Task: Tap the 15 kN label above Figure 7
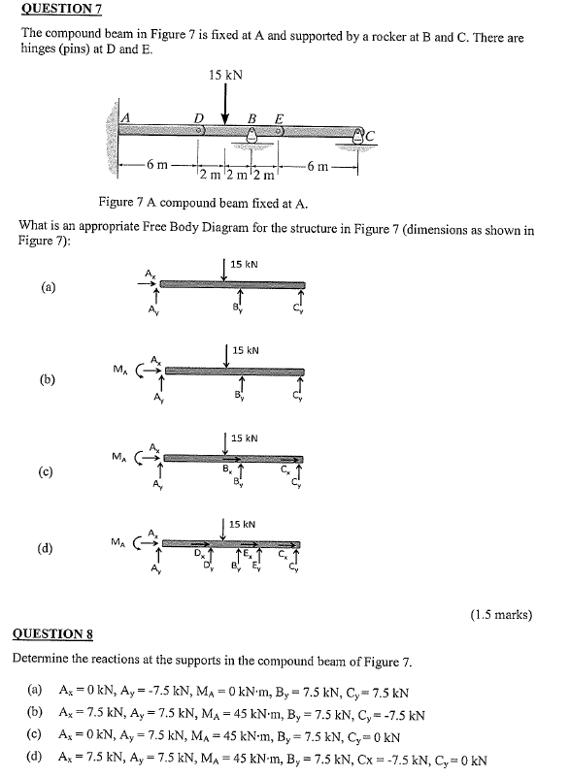(225, 74)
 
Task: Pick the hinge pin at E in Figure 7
(280, 129)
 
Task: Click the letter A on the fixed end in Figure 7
(124, 117)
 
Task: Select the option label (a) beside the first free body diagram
(49, 287)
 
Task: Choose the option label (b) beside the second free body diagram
(49, 379)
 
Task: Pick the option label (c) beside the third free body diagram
(49, 470)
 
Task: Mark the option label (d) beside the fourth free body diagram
(49, 549)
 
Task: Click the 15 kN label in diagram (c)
(244, 438)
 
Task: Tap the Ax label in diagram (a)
(150, 274)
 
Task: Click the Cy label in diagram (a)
(298, 309)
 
